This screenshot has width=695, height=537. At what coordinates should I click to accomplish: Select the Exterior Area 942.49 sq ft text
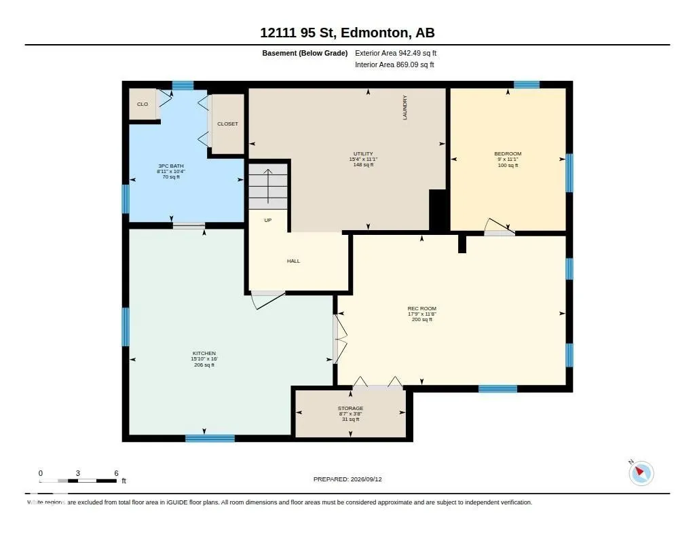[396, 53]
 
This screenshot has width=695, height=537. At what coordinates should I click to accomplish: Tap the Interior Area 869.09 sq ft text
[394, 64]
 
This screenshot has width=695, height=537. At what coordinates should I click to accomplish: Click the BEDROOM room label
[508, 154]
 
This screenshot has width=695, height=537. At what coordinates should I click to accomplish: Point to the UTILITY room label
[363, 154]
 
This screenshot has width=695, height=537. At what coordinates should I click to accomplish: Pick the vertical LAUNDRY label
[405, 107]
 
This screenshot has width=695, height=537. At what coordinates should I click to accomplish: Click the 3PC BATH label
[171, 166]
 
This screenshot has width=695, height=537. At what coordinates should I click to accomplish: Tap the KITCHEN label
[204, 354]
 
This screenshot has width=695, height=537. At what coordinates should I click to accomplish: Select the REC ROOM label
[422, 309]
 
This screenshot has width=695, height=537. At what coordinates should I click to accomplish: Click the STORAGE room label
[351, 409]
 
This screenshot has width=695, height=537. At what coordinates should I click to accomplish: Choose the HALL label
[293, 261]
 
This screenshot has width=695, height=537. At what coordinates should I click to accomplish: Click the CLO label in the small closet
[143, 104]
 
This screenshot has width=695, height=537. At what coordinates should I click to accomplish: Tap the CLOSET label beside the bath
[228, 124]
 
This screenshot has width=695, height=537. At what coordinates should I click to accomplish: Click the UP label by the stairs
[267, 221]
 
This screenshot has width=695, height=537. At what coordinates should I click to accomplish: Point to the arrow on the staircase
[267, 186]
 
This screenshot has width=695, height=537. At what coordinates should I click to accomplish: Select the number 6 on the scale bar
[117, 473]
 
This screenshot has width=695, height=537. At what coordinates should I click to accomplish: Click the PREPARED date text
[347, 479]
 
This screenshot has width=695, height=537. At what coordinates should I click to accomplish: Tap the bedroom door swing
[499, 227]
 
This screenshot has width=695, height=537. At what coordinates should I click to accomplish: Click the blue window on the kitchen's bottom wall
[210, 439]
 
